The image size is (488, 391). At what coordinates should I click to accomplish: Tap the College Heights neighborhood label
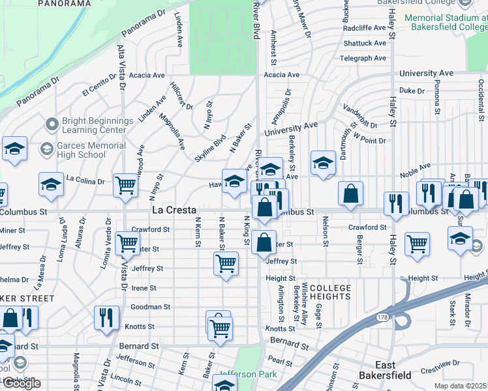(x=330, y=293)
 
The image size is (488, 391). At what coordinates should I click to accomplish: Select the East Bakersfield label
(x=385, y=369)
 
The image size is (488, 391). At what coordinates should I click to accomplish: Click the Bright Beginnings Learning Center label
(x=97, y=125)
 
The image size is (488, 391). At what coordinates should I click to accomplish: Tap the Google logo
(x=22, y=383)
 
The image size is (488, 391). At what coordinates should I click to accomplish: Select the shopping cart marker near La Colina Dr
(x=125, y=184)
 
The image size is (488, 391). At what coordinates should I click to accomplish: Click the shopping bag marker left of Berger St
(x=351, y=193)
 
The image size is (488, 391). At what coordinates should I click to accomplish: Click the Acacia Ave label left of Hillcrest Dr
(x=147, y=75)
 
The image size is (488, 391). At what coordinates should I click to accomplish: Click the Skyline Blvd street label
(x=209, y=149)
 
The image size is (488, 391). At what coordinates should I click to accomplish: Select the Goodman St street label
(x=151, y=306)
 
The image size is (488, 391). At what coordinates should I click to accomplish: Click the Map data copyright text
(x=461, y=386)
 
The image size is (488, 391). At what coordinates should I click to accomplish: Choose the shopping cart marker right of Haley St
(x=417, y=244)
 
